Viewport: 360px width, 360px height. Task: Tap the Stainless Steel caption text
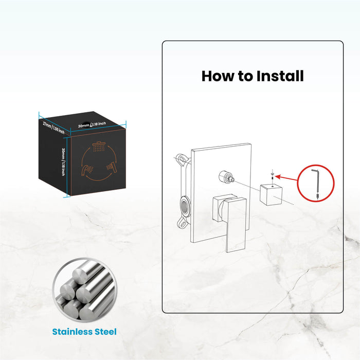point(84,332)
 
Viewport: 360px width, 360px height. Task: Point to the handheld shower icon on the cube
point(87,168)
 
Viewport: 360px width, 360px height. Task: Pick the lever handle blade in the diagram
point(235,226)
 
